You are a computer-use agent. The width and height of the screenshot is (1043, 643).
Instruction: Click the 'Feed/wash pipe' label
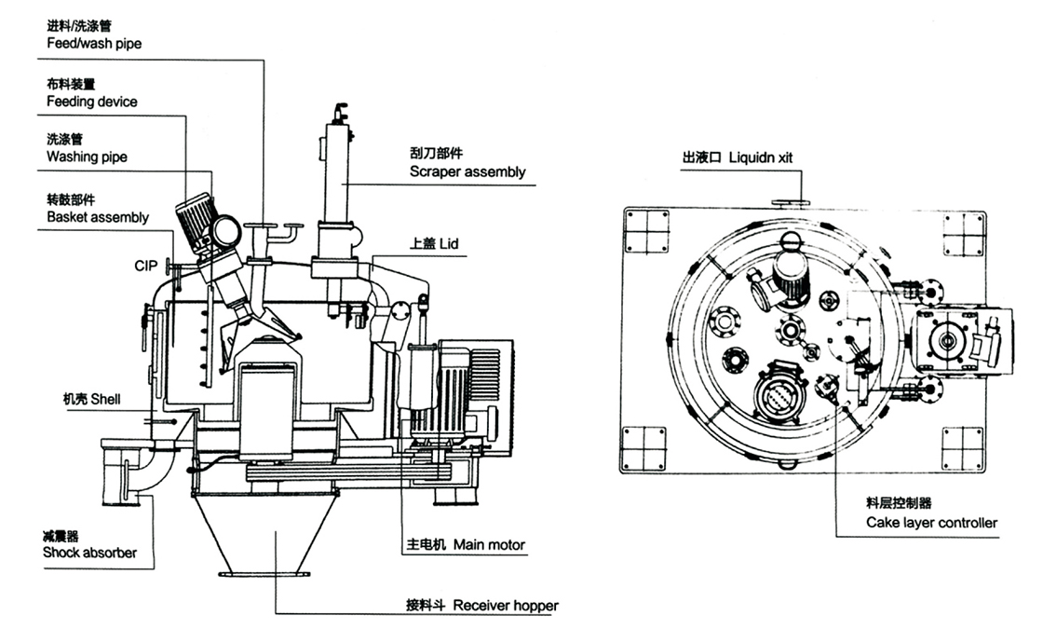point(94,44)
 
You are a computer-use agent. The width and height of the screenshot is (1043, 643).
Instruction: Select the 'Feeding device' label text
point(92,101)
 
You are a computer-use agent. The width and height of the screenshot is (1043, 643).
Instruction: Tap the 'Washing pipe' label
point(87,157)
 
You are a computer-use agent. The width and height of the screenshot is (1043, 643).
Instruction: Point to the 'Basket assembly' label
point(97,217)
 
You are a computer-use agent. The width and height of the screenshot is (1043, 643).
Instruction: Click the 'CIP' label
point(144,266)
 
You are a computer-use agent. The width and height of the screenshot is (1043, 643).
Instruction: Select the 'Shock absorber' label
point(89,553)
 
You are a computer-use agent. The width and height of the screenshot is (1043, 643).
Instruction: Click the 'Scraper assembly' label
point(467,171)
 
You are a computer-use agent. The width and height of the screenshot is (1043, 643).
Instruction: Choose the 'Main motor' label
point(490,545)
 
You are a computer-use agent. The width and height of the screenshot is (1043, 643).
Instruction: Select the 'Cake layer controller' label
point(931,523)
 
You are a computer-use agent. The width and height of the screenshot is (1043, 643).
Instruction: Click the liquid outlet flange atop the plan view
point(787,199)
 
